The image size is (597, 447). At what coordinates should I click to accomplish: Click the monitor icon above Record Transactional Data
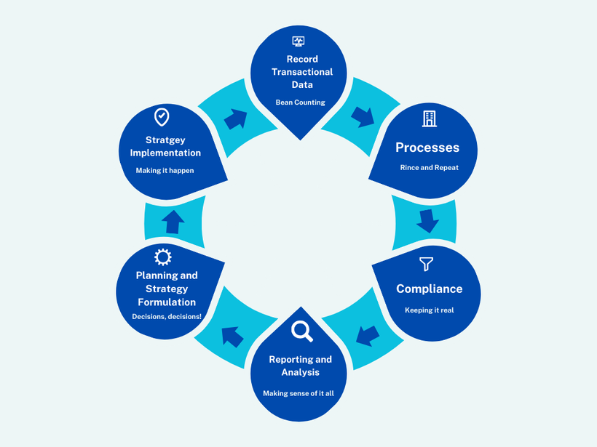[298, 41]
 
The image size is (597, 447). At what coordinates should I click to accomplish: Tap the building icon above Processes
[429, 118]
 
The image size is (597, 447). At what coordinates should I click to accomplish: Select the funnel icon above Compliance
[427, 264]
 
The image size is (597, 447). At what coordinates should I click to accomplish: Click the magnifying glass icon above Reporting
[301, 331]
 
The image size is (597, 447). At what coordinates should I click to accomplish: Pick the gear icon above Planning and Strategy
[163, 257]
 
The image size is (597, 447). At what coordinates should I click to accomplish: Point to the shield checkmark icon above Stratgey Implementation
[162, 116]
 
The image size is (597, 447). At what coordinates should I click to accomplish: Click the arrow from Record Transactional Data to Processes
[362, 116]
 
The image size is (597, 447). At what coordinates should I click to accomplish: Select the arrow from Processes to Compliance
[427, 221]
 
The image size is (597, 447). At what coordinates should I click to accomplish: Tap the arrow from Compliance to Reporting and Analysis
[368, 335]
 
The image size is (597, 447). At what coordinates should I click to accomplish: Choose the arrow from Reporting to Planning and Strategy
[232, 336]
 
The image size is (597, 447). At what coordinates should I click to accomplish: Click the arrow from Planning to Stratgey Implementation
[173, 222]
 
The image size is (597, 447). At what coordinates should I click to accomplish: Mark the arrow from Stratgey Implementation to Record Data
[235, 119]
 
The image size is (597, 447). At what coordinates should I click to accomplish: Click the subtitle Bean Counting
[300, 102]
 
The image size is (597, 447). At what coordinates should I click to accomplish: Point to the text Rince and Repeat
[429, 168]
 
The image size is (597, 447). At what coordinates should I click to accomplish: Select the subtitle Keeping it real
[429, 310]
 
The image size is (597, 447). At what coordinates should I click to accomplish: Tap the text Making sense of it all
[298, 393]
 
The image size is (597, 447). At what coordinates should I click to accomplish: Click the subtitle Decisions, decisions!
[167, 317]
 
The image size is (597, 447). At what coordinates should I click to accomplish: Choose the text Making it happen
[165, 171]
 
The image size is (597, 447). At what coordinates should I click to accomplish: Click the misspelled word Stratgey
[166, 140]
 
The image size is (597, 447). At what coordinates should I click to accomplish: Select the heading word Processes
[427, 148]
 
